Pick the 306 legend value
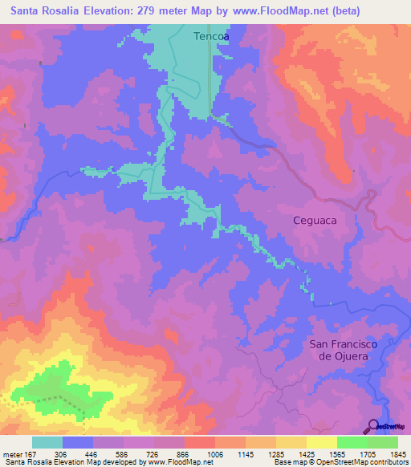pos(60,453)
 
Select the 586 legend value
pos(123,453)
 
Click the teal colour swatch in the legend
pos(47,442)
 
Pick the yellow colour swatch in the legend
pos(321,442)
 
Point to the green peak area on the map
pos(60,395)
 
